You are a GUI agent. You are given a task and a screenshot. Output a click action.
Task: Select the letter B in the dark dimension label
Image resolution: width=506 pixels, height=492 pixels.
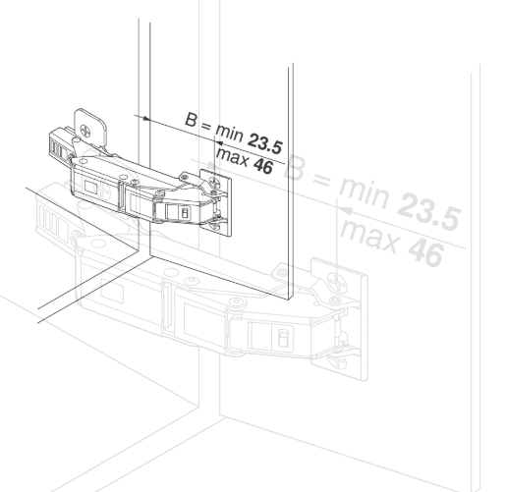pos(193,120)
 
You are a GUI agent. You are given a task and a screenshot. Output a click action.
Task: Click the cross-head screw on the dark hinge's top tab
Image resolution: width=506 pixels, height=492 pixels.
pos(91,127)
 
